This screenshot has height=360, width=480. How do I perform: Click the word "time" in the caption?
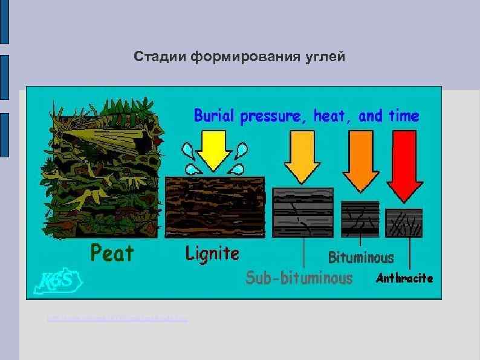coord(404,116)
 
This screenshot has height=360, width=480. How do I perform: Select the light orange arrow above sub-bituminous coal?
coord(302,157)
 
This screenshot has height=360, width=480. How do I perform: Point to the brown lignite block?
coord(215,206)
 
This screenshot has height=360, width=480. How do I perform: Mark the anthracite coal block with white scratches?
coord(404,222)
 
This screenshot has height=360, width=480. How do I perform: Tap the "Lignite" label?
coord(212,253)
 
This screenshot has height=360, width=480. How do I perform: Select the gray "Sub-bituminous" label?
coord(299,278)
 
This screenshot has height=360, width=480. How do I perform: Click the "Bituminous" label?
coord(361,258)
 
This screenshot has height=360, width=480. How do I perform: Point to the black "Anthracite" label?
coord(404,278)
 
